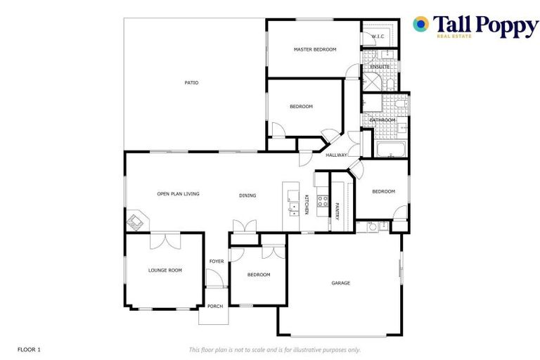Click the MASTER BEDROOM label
click(314, 49)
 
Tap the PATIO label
click(191, 83)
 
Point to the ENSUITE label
click(380, 67)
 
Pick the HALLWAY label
click(336, 155)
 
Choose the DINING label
click(247, 195)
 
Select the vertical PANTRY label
click(337, 212)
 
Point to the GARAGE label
click(341, 283)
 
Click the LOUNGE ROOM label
click(165, 270)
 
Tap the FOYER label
click(217, 262)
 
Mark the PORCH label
click(214, 307)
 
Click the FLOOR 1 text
click(29, 349)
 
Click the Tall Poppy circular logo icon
click(421, 24)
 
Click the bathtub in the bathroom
click(390, 150)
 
